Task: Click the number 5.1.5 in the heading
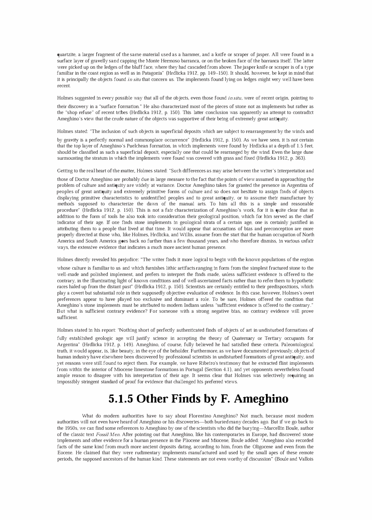121,399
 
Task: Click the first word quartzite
67,55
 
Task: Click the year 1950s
64,428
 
